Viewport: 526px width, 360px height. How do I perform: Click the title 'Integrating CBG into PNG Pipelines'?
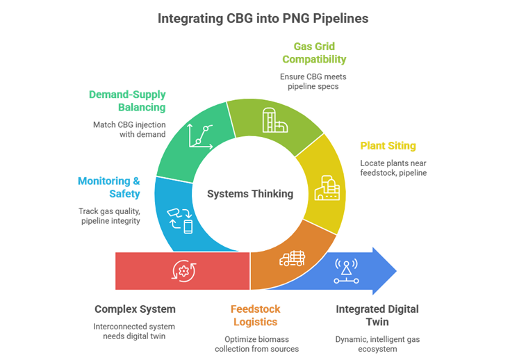[x=263, y=19]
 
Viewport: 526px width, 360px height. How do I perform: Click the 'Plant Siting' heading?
[x=388, y=146]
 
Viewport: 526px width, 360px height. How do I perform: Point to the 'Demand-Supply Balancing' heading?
[x=127, y=101]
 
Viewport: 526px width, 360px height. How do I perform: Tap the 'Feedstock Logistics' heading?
[x=255, y=315]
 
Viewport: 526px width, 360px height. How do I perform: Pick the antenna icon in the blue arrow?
[x=346, y=271]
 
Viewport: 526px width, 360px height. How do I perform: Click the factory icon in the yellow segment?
[x=326, y=190]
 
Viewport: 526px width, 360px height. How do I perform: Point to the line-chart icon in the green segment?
[x=199, y=135]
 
